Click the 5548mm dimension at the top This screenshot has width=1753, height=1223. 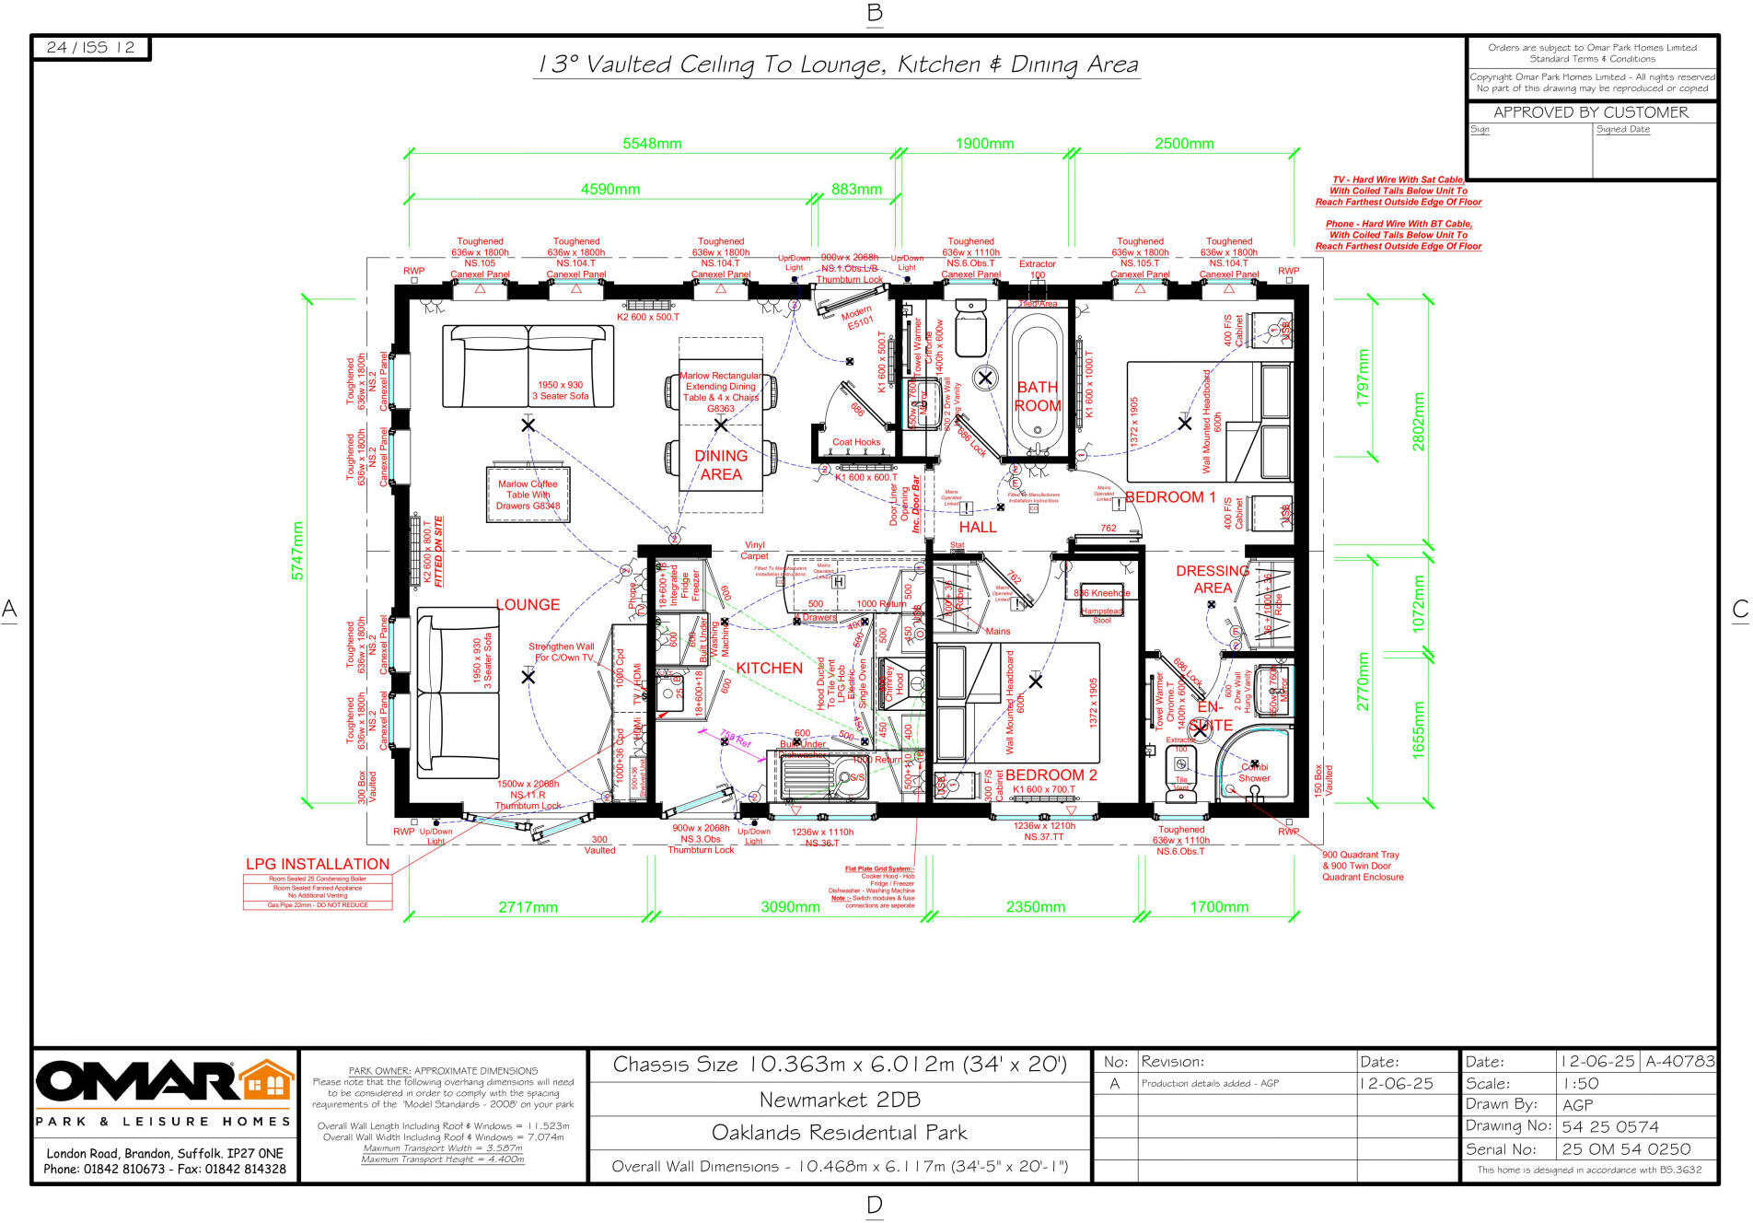click(652, 144)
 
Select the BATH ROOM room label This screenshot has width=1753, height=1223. click(1038, 397)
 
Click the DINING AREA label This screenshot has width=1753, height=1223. click(721, 465)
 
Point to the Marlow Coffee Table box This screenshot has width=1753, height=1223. click(528, 495)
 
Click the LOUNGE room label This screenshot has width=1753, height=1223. click(528, 605)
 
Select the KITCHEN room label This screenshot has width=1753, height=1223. click(769, 669)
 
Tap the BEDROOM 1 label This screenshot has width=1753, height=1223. click(1170, 497)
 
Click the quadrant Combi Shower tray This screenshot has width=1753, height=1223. click(1251, 767)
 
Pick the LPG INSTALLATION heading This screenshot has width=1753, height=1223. click(318, 864)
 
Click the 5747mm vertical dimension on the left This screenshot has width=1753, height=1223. click(297, 551)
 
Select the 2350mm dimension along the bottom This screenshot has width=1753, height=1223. click(1035, 907)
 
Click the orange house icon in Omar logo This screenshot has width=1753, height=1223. click(268, 1081)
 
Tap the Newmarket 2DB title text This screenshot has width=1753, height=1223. click(839, 1100)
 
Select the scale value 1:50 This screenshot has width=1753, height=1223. click(1580, 1084)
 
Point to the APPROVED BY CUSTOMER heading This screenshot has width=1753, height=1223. click(1590, 112)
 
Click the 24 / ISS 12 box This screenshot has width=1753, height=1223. click(90, 48)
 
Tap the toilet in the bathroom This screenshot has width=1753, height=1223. click(971, 328)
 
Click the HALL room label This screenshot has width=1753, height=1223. click(978, 527)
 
